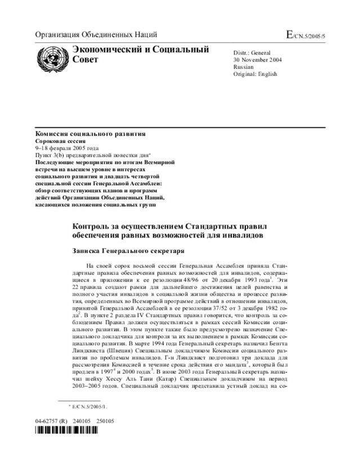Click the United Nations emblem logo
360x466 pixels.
tap(52, 57)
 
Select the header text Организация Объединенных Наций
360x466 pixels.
tap(96, 35)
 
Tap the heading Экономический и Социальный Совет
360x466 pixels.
tap(141, 54)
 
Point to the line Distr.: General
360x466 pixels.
tap(253, 52)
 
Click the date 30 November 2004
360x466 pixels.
tap(259, 60)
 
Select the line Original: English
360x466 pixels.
tap(255, 74)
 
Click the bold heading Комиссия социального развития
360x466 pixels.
tap(91, 133)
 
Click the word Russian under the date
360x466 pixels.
tap(244, 67)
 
